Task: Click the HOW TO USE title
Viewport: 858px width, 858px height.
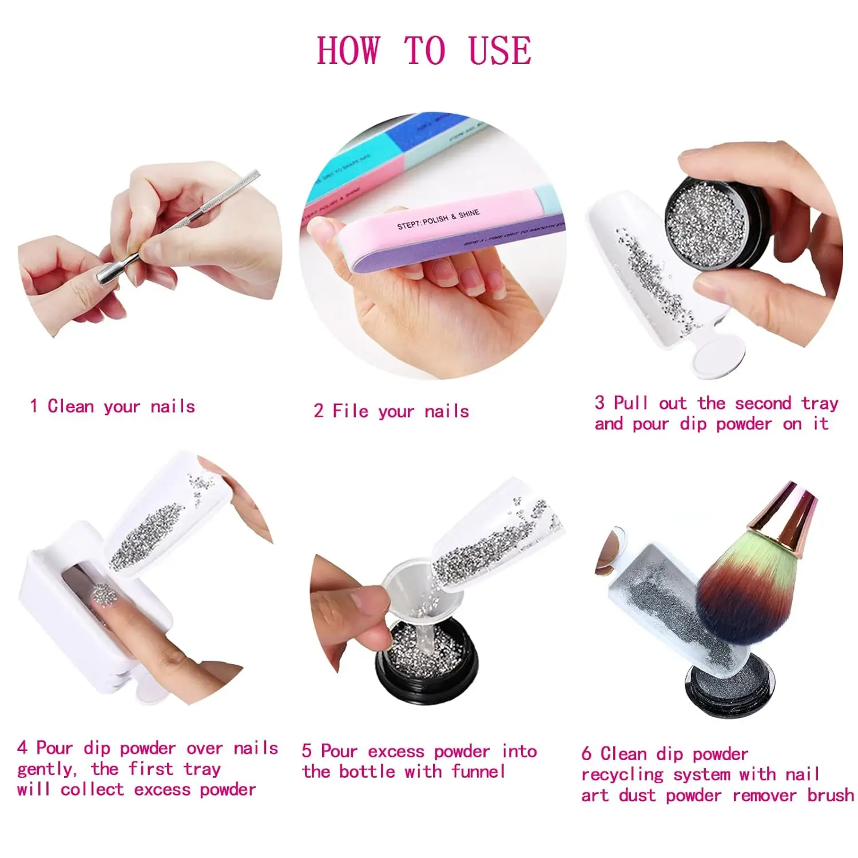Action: (424, 50)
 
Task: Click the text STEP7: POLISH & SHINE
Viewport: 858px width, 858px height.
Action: (438, 220)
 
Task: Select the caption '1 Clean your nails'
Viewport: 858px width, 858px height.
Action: (113, 407)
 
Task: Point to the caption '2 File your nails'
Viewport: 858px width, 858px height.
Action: (391, 411)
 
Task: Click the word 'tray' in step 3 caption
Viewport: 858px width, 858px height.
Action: (820, 404)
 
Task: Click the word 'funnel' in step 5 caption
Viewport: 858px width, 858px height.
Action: (478, 772)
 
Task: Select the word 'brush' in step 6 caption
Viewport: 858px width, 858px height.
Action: (831, 795)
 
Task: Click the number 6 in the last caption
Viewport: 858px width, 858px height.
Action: (586, 753)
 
